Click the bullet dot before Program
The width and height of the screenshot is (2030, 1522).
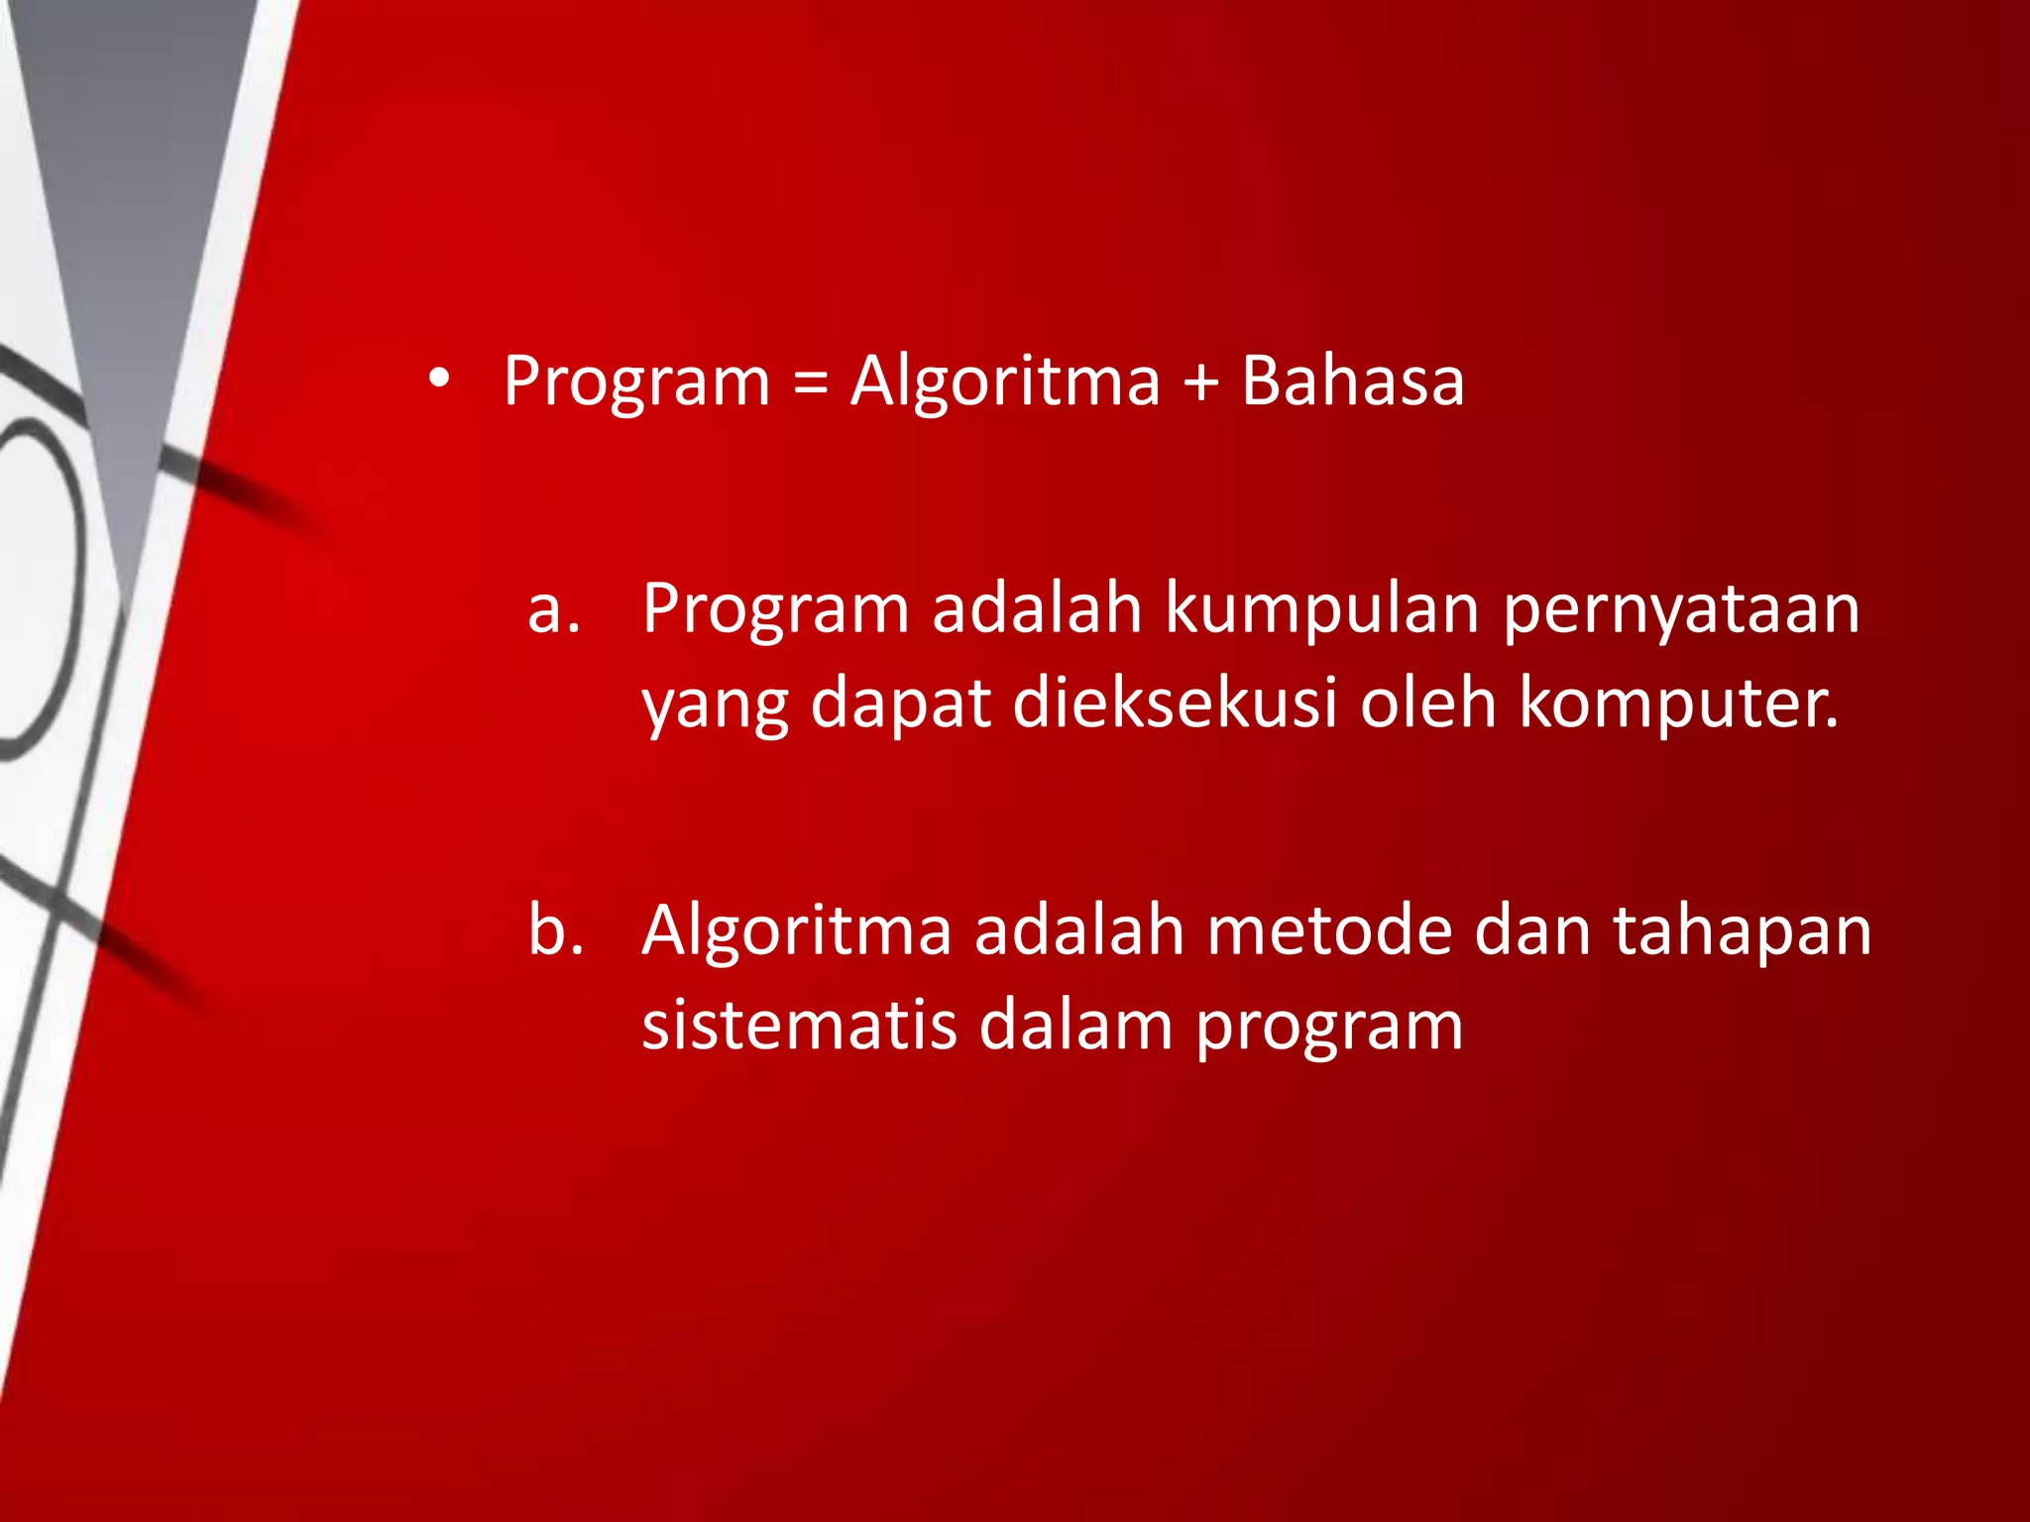[439, 380]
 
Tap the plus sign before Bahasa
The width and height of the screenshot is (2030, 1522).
[1200, 381]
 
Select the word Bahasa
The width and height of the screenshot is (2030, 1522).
[1352, 381]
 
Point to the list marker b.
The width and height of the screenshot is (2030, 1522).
[555, 930]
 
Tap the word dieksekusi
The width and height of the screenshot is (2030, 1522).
[1175, 703]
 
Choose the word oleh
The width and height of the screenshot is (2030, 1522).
[1427, 703]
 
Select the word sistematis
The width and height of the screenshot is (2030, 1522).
[799, 1026]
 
